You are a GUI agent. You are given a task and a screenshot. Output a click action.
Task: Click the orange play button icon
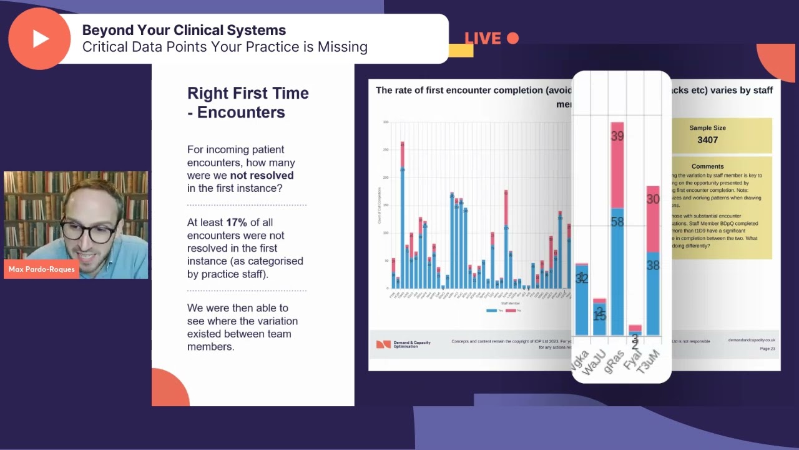point(39,39)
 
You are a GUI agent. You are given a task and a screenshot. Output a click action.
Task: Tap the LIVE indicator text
point(483,39)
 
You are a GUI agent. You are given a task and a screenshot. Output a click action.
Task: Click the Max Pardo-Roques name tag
point(42,269)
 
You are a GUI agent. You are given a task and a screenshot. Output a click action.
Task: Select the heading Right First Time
point(248,93)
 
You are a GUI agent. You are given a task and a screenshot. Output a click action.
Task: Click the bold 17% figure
point(237,222)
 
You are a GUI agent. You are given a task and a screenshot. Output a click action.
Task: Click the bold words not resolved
point(262,176)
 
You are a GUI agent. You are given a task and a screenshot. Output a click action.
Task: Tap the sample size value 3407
point(707,140)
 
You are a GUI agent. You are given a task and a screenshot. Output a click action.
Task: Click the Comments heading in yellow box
point(707,166)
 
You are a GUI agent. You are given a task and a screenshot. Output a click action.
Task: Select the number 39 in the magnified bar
point(617,136)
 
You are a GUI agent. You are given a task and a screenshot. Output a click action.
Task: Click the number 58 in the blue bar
point(617,222)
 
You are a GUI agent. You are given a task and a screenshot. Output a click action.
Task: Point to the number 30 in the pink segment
point(653,199)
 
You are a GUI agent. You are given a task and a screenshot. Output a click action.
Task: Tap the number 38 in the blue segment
point(653,266)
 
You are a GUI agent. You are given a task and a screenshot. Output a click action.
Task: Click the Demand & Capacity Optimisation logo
point(403,344)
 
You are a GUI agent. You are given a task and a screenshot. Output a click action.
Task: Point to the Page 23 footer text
point(767,349)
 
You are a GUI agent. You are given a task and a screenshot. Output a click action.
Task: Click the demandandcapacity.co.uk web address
point(752,341)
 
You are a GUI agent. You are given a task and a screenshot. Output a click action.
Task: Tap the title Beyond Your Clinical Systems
point(184,30)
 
